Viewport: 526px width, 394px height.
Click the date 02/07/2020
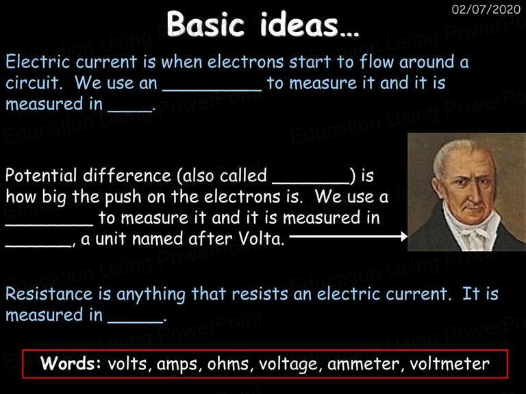486,10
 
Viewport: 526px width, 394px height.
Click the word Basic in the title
205,24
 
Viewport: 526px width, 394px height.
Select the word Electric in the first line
38,62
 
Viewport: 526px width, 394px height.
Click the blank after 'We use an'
212,90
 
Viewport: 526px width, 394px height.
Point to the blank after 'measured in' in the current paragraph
130,111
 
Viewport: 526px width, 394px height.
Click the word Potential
41,175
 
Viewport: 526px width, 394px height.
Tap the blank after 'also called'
311,183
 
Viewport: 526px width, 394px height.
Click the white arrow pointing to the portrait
348,237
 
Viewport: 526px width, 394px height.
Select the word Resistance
49,293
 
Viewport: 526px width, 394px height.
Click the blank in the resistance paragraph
135,321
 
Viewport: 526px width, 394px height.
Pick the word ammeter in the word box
363,364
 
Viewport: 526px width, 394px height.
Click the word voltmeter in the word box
449,364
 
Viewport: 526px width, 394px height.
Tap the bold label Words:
71,363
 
